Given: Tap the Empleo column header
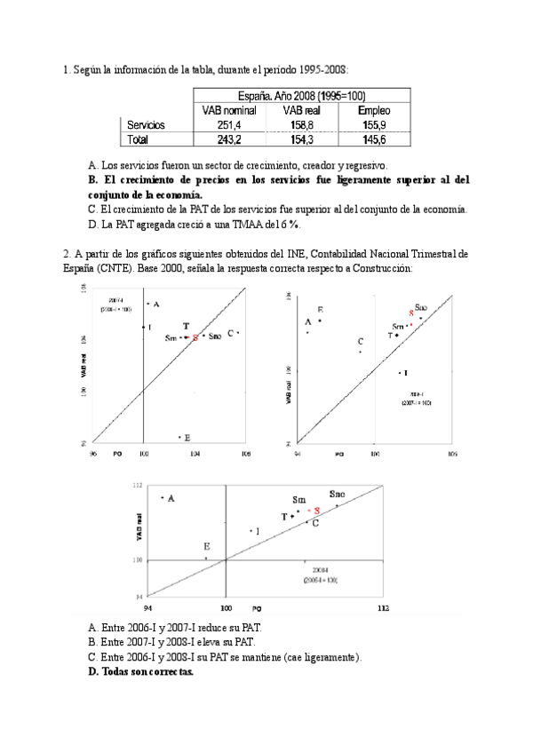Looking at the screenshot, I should coord(373,110).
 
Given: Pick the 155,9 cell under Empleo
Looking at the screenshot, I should coord(373,125).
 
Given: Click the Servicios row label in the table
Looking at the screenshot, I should coord(146,125).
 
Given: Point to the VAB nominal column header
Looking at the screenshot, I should coord(228,110).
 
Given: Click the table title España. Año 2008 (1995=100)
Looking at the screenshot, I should coord(300,96).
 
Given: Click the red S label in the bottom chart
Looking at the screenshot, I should coord(317,511).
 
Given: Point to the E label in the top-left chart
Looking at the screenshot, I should coord(187,437).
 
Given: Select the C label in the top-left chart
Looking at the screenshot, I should coord(230,333).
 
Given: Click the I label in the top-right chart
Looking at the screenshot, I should coord(406,373).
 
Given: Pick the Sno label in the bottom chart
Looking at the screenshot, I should coord(338,494).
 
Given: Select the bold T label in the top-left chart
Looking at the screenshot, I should coord(185,327).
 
